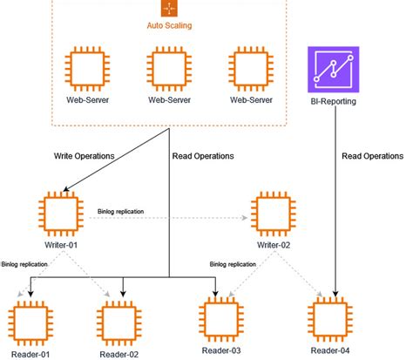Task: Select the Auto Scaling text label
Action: [x=169, y=26]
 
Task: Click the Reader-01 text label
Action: [x=30, y=354]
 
